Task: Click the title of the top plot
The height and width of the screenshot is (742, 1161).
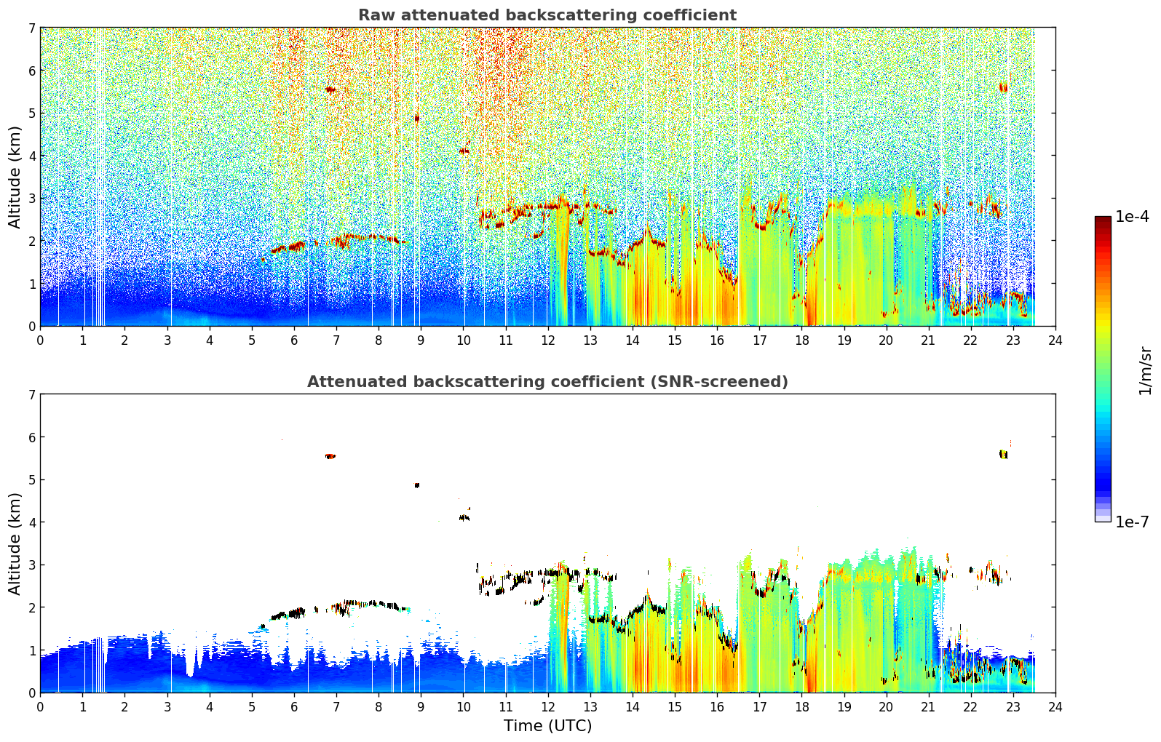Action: (547, 15)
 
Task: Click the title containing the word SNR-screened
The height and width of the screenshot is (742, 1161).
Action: (547, 382)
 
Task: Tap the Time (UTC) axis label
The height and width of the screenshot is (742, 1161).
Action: (547, 726)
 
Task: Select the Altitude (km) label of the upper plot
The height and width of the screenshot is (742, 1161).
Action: (15, 177)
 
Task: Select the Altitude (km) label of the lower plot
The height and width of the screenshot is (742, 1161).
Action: (15, 544)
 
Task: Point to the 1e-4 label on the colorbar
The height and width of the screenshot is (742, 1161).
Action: (1132, 217)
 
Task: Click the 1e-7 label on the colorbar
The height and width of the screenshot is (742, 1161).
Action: (1132, 522)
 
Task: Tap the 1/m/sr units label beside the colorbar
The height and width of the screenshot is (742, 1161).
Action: (1145, 372)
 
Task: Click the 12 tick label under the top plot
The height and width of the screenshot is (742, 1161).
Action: (548, 340)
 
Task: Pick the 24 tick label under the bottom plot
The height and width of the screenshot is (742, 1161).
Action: (1055, 707)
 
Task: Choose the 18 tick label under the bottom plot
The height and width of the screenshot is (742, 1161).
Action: (802, 707)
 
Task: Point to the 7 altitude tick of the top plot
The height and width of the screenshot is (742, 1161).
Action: (31, 28)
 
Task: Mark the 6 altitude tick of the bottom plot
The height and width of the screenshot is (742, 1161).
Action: (31, 437)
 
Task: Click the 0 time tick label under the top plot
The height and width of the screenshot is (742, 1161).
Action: (41, 340)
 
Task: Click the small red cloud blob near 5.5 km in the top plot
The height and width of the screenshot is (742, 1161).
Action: (330, 89)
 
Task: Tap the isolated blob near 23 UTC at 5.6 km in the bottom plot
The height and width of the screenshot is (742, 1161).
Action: (1004, 455)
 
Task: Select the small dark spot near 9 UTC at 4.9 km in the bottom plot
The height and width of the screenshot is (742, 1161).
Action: (416, 485)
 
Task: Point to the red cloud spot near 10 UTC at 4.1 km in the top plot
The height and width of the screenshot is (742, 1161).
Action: (464, 151)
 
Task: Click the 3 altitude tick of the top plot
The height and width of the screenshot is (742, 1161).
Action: (31, 199)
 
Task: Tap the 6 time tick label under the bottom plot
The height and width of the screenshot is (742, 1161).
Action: (294, 707)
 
